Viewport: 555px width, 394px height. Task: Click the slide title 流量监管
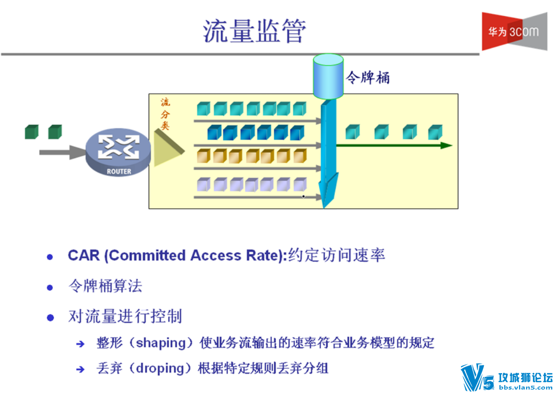(x=254, y=31)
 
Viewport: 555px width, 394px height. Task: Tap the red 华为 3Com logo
(x=514, y=31)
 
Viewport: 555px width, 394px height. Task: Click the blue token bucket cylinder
(x=328, y=76)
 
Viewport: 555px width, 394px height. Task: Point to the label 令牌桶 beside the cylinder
(x=368, y=77)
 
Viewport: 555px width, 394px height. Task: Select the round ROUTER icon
(x=118, y=152)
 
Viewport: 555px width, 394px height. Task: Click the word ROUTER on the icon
(x=119, y=172)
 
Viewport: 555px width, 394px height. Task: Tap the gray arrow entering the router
(x=62, y=152)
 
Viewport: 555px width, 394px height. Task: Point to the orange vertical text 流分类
(x=165, y=114)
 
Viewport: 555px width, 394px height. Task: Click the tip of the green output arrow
(x=452, y=145)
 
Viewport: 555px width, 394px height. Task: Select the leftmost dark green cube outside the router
(x=32, y=132)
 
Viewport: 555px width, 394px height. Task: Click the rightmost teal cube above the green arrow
(x=435, y=132)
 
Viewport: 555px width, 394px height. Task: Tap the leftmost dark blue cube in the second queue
(x=214, y=133)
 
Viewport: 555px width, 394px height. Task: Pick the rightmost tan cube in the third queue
(x=300, y=156)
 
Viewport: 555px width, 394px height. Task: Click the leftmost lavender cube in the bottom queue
(x=203, y=184)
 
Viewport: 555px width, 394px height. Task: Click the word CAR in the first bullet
(x=84, y=255)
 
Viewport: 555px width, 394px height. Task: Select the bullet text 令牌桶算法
(x=105, y=285)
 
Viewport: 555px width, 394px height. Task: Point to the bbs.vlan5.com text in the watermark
(x=525, y=387)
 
